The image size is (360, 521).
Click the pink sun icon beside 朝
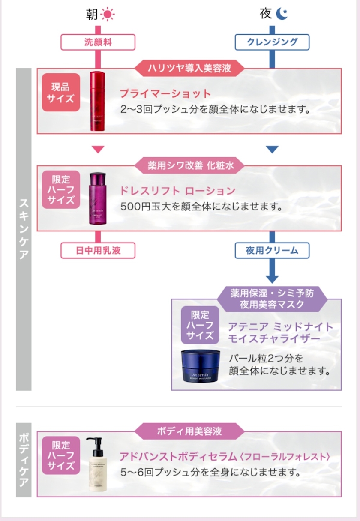click(x=107, y=15)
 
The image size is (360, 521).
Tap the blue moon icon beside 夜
click(x=281, y=14)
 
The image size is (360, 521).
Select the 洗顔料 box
click(x=98, y=42)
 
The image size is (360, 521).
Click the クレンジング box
click(x=272, y=42)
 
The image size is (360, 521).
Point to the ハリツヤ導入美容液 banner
click(x=189, y=68)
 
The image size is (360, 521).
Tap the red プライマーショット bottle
click(x=97, y=101)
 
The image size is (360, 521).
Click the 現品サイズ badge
click(x=61, y=92)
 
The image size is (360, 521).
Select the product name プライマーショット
click(x=165, y=94)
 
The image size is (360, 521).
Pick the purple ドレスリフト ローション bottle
click(x=98, y=198)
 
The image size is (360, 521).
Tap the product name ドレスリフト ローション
click(x=177, y=191)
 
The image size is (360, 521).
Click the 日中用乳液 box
click(x=98, y=251)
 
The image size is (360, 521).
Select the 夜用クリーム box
click(x=272, y=251)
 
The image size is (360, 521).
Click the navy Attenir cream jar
click(x=200, y=365)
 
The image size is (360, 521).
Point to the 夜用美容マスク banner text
click(x=272, y=305)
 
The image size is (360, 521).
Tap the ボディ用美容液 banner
click(x=189, y=431)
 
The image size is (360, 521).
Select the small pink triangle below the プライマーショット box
click(x=98, y=150)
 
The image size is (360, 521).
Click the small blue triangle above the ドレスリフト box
click(x=272, y=150)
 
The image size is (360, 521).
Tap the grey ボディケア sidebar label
click(x=24, y=460)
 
